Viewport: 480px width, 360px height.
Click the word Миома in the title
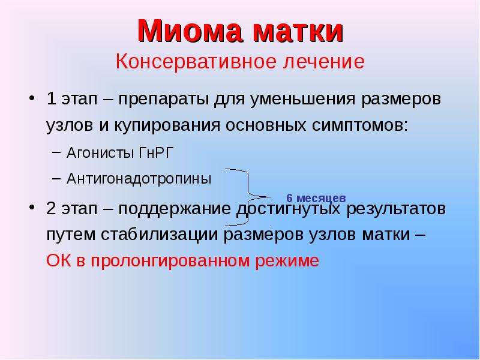click(x=190, y=31)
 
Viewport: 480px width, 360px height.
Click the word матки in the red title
click(x=298, y=31)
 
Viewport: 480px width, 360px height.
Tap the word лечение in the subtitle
click(x=324, y=61)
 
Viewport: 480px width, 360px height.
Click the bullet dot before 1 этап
click(x=32, y=98)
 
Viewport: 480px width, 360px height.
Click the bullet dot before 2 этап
click(x=32, y=208)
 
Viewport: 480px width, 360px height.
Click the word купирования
click(x=167, y=125)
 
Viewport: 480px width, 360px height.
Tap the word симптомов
click(x=360, y=125)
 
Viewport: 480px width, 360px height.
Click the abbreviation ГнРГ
click(x=157, y=152)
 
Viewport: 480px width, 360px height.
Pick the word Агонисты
click(x=100, y=152)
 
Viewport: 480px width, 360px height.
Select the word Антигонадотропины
click(x=139, y=178)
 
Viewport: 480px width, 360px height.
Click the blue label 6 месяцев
click(x=316, y=199)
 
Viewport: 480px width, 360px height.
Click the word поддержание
click(x=175, y=209)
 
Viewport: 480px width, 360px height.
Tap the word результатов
click(x=396, y=209)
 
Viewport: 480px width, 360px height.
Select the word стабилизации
click(x=160, y=235)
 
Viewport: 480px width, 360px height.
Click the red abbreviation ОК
click(x=58, y=261)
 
